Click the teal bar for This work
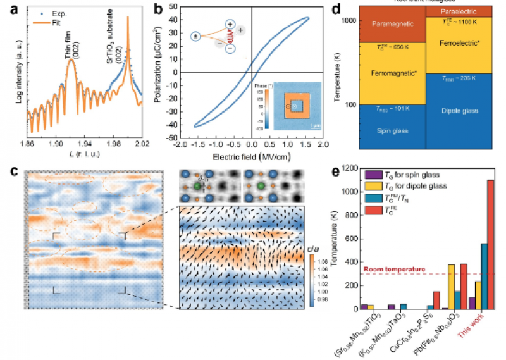(484, 276)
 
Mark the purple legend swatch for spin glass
(373, 175)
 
